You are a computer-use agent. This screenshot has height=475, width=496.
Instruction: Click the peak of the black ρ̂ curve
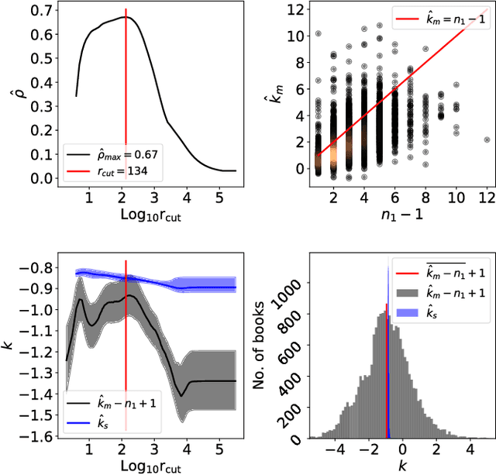pyautogui.click(x=126, y=16)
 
